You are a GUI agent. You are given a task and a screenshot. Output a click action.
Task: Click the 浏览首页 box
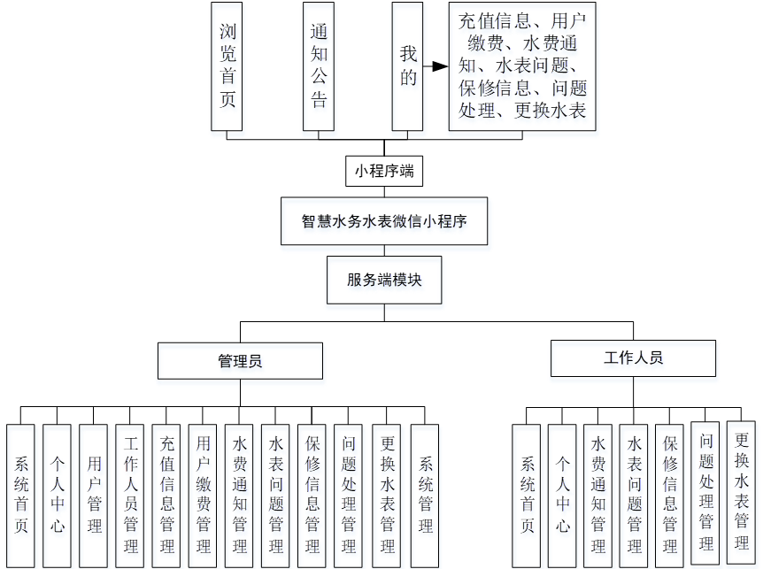227,66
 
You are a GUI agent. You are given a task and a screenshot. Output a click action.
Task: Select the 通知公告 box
319,66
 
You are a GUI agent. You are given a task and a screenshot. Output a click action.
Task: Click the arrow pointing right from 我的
435,66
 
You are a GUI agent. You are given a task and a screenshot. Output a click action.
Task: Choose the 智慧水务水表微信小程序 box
384,221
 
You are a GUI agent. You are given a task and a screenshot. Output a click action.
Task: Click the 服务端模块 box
384,280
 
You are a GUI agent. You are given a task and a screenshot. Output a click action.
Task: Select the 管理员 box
240,361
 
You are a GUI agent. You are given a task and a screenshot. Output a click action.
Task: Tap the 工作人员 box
633,358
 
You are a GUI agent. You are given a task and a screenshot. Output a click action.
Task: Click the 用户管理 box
94,496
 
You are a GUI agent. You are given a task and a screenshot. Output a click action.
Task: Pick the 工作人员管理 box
130,496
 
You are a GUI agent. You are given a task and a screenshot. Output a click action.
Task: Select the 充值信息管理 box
166,496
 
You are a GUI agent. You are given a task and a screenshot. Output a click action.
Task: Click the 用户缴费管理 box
203,496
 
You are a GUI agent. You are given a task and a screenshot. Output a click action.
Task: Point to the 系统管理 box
425,496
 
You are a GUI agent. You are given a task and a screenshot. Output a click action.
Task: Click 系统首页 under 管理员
21,496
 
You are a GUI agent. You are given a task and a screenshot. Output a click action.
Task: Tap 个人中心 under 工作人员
561,496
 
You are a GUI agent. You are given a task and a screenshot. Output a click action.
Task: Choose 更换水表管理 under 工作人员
741,491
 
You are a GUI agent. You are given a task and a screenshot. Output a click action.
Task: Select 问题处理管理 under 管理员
348,496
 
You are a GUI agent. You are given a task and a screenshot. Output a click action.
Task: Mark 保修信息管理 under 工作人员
669,496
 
